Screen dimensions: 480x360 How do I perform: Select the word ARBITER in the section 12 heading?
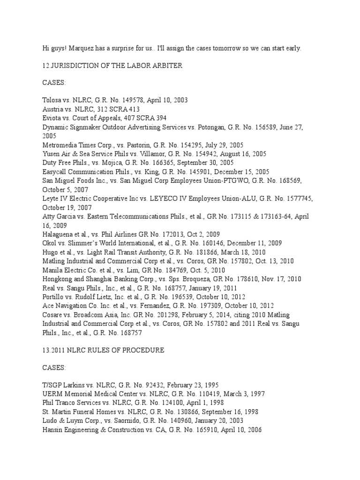pos(168,66)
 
